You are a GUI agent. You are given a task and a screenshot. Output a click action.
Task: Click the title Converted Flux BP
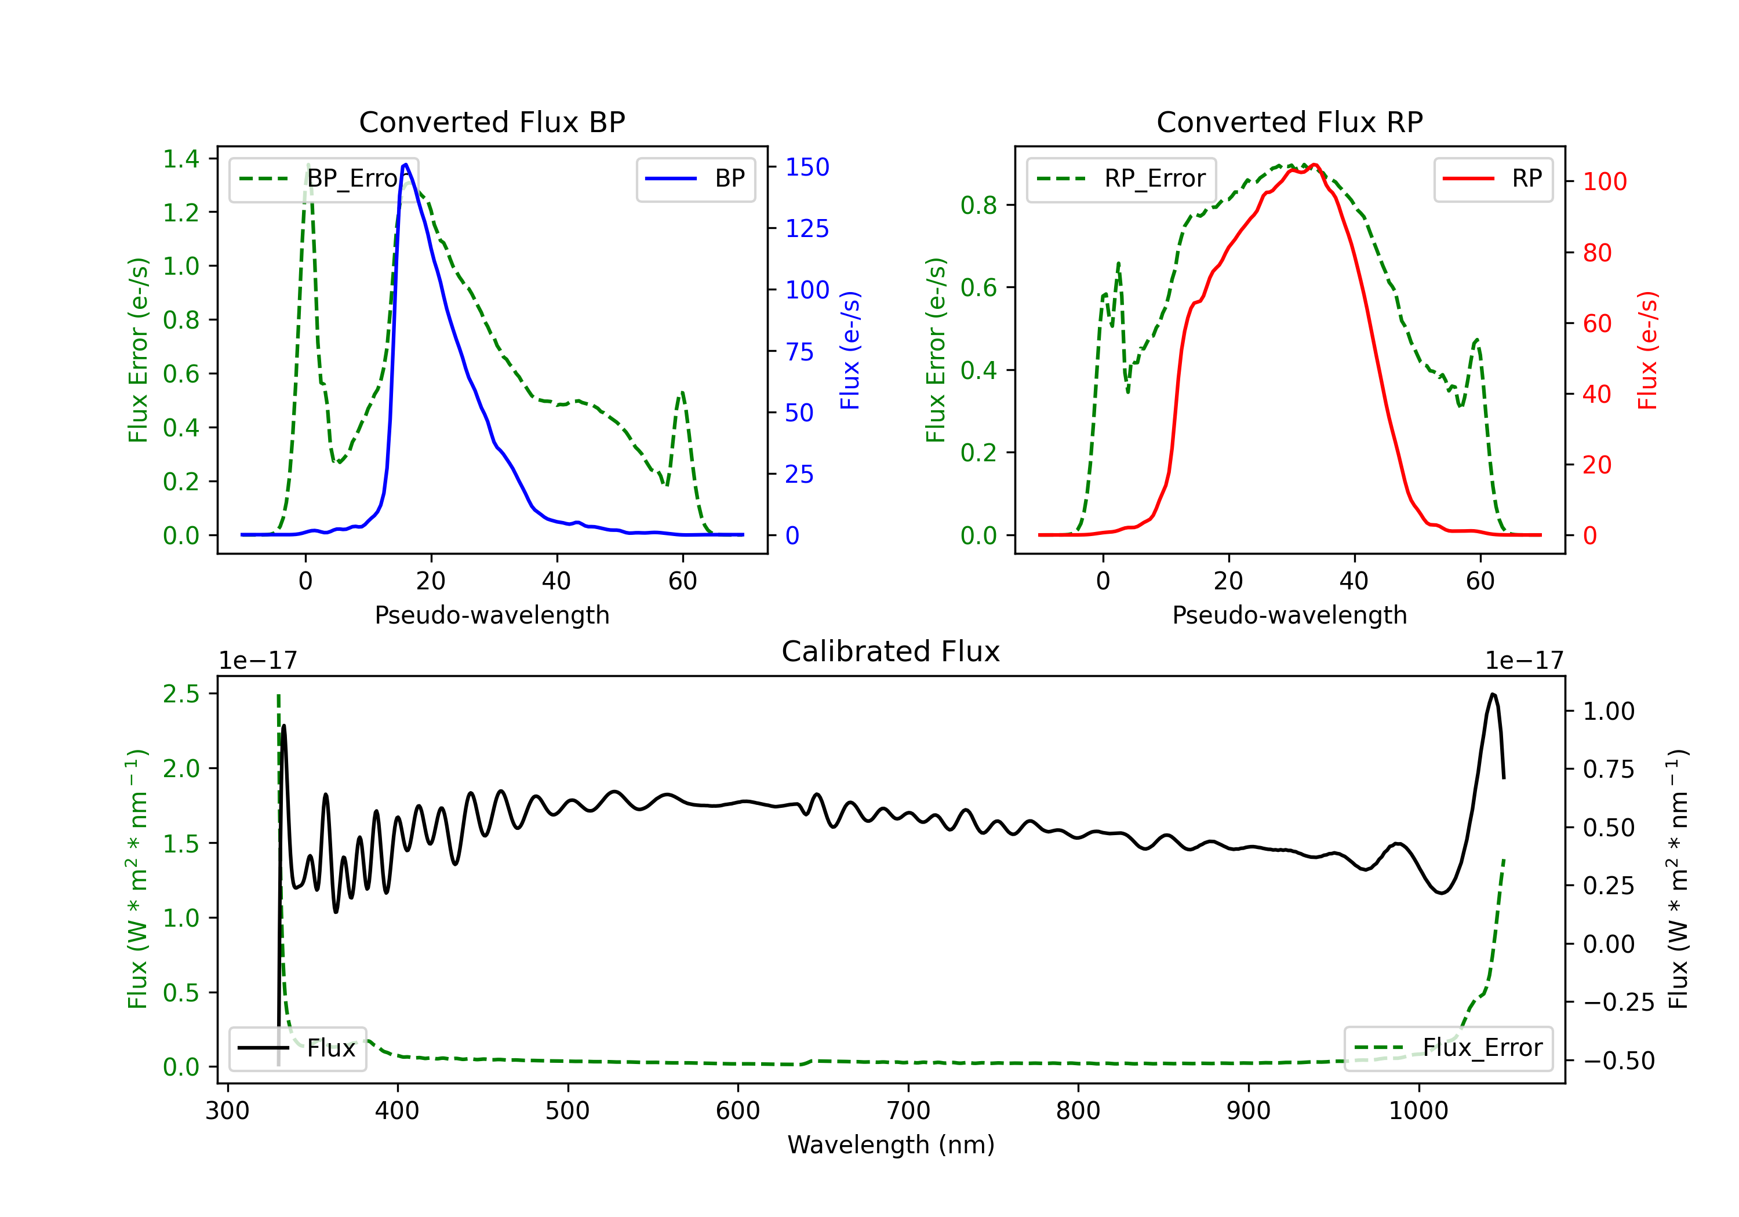tap(492, 122)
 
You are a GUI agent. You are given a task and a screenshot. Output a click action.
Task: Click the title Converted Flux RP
tap(1289, 122)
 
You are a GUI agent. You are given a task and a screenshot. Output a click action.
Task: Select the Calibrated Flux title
tap(891, 651)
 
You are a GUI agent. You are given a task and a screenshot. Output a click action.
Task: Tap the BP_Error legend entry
tap(323, 178)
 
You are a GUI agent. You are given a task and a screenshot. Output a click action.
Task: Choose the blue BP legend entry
tap(695, 178)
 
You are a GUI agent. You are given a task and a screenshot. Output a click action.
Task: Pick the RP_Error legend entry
tap(1121, 178)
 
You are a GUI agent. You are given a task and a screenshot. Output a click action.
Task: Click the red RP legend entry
tap(1493, 178)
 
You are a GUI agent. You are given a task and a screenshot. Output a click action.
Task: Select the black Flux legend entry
tap(297, 1048)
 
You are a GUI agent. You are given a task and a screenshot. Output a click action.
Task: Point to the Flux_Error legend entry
tap(1448, 1048)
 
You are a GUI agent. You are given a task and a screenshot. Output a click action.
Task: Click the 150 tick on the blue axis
tap(807, 167)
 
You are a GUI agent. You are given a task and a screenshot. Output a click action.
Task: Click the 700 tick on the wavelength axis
tap(908, 1111)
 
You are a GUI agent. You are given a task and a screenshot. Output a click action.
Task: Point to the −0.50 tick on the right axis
tap(1618, 1061)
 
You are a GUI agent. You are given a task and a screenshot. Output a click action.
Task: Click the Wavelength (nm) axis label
tap(891, 1145)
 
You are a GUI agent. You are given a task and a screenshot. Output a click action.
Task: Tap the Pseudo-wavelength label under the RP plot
tap(1289, 615)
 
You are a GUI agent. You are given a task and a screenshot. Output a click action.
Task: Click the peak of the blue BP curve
tap(406, 165)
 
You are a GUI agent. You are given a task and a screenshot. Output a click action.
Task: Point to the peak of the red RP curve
tap(1314, 165)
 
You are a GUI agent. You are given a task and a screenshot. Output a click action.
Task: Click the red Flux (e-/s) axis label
tap(1647, 351)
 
